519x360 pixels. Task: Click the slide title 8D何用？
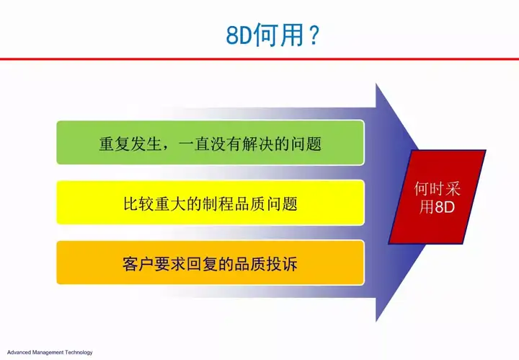[272, 35]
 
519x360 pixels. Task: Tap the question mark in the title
[313, 35]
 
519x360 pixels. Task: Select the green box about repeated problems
[210, 143]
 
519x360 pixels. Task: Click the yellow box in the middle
[210, 203]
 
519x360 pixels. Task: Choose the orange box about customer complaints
[210, 263]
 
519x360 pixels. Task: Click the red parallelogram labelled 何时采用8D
[437, 198]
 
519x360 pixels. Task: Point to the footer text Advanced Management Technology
[50, 352]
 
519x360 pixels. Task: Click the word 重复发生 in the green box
[130, 144]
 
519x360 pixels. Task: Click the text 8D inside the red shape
[445, 207]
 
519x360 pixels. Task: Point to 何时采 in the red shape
[438, 189]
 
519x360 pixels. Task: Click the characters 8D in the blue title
[239, 36]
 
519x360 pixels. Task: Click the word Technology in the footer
[79, 352]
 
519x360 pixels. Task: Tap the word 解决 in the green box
[258, 144]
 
